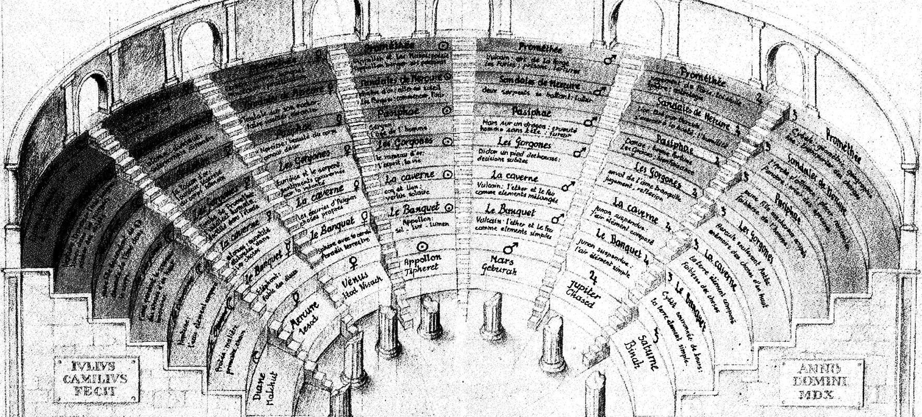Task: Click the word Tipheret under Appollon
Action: coord(422,267)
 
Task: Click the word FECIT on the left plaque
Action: coord(95,391)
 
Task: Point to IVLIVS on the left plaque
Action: coord(95,364)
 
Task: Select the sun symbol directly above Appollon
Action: coord(422,246)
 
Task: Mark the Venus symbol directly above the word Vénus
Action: coord(353,260)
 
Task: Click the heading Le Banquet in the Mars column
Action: coord(510,210)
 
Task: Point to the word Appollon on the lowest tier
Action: coord(422,257)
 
